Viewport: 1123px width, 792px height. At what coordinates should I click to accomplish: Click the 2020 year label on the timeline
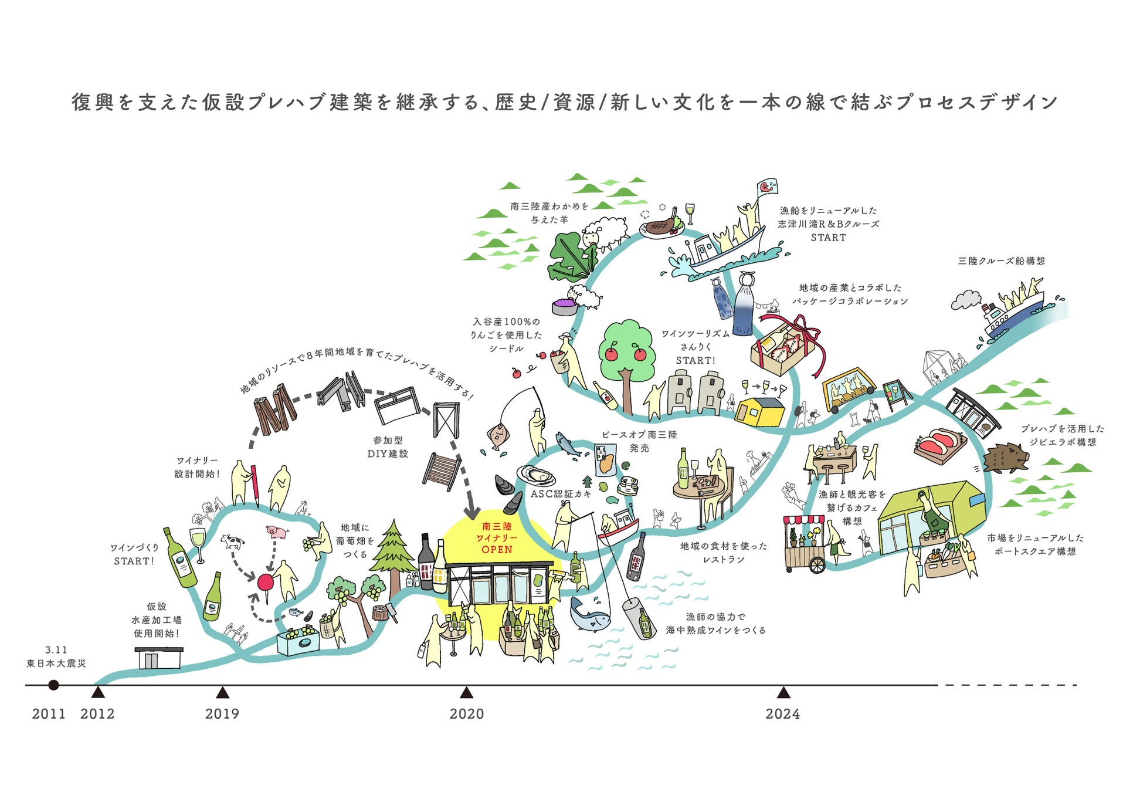[466, 714]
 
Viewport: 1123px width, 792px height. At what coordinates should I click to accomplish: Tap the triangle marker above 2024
[783, 693]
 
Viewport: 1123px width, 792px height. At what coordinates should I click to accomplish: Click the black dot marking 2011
[53, 685]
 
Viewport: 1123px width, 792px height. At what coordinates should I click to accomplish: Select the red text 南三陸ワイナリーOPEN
[497, 538]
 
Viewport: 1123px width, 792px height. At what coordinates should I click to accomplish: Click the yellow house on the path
[761, 411]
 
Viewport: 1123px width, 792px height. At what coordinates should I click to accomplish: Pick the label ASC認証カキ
[561, 494]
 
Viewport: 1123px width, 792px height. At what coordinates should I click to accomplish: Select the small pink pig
[277, 532]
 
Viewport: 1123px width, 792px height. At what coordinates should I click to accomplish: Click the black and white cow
[232, 541]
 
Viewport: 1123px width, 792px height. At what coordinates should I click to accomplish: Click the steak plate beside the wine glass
[661, 226]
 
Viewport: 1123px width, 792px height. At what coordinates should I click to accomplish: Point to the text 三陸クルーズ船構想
[1001, 260]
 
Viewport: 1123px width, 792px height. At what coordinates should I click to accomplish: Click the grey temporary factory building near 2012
[159, 658]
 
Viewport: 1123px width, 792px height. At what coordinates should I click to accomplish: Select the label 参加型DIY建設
[388, 446]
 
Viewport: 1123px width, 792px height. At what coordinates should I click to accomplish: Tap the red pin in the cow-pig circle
[265, 583]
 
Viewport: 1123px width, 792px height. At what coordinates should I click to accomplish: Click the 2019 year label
[222, 714]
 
